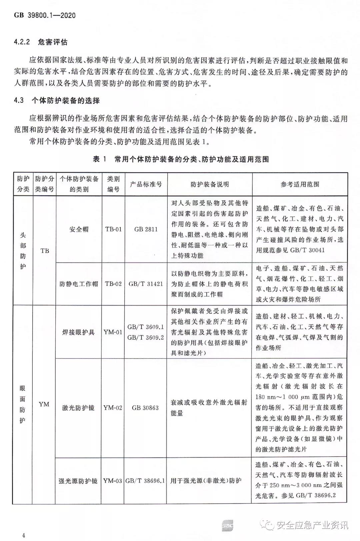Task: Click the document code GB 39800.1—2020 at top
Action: (45, 15)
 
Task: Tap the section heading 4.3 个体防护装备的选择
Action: (57, 100)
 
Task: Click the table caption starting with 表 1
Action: (181, 159)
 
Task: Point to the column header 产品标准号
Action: (146, 184)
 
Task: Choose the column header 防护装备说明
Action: (210, 184)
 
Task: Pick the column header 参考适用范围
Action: (300, 184)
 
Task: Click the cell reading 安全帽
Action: (79, 229)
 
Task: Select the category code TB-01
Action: (113, 229)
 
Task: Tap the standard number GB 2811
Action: (146, 229)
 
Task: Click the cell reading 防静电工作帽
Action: (79, 284)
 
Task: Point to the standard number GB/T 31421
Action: (146, 284)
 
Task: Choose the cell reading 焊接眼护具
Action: (79, 332)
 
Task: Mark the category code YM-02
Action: (113, 408)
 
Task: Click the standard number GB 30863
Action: (145, 408)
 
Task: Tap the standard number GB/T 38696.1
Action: (145, 481)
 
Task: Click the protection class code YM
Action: (44, 404)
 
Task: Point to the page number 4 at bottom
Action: (24, 535)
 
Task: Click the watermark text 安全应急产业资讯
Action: (312, 525)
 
